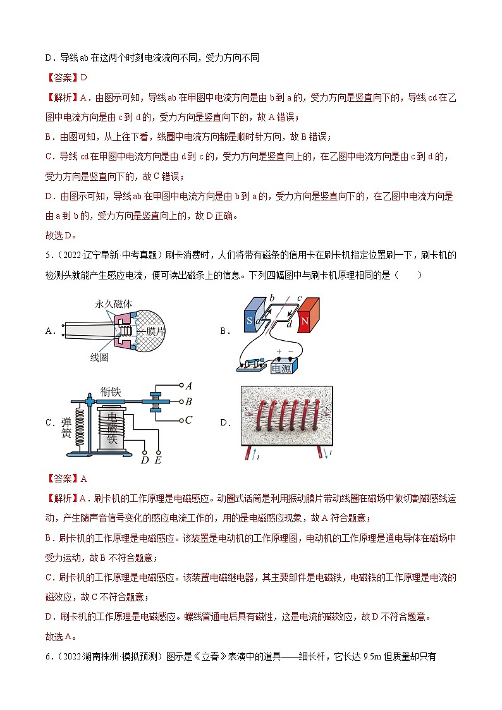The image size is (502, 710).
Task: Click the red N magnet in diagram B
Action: (x=310, y=316)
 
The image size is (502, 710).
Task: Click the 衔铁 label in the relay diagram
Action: (x=111, y=392)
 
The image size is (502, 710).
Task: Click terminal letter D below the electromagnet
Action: (x=145, y=460)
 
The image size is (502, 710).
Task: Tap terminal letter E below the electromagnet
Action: (x=157, y=460)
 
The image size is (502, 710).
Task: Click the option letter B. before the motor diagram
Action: (x=224, y=331)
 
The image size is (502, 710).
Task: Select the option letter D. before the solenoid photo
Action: (x=224, y=423)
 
